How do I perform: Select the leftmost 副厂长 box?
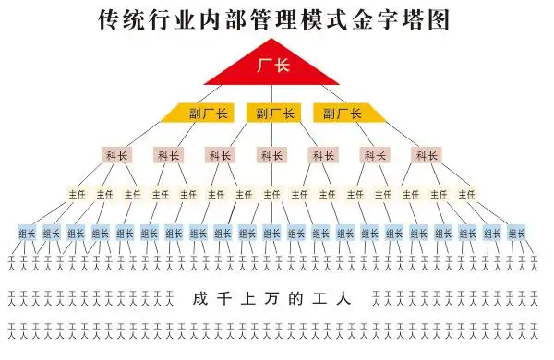[199, 114]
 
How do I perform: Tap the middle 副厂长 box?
[274, 114]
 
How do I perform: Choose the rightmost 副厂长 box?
[348, 114]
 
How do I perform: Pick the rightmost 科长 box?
[427, 155]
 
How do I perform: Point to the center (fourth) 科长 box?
[271, 155]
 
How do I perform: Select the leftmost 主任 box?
[77, 195]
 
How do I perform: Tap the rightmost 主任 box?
[466, 195]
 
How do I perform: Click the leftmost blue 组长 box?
[28, 234]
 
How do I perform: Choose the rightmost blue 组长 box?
[516, 234]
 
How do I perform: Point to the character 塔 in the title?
[424, 20]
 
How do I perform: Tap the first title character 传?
[110, 20]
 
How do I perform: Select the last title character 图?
[448, 20]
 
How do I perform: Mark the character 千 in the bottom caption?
[225, 299]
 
